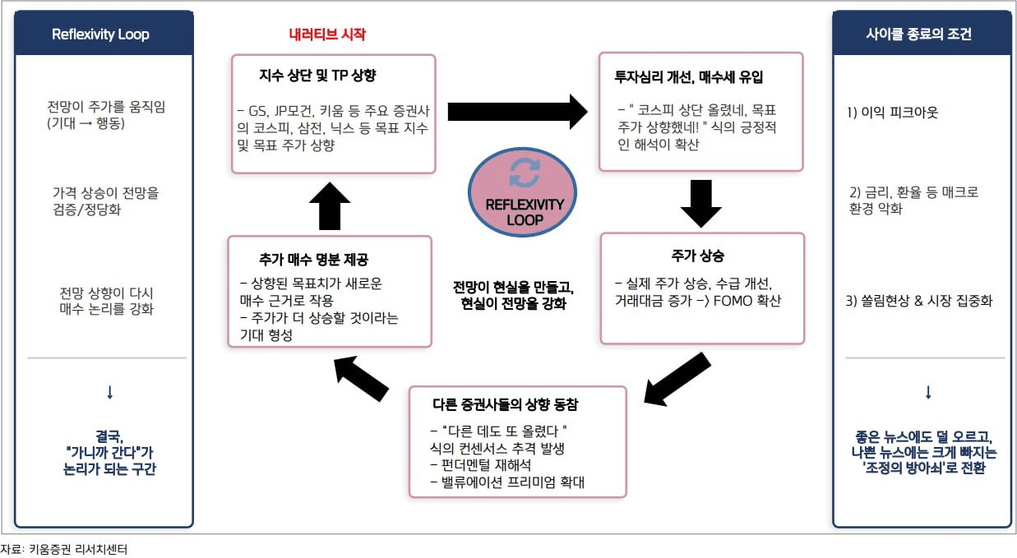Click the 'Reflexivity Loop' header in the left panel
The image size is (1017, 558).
pos(100,34)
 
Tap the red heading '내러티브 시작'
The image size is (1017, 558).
pos(327,34)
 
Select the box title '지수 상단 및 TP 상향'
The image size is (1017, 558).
pos(317,76)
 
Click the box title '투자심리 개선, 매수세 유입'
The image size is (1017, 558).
pos(689,77)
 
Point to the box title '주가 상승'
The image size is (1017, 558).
pos(698,256)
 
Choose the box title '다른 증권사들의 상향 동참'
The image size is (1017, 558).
pos(506,404)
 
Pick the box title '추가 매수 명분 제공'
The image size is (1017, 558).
pos(314,260)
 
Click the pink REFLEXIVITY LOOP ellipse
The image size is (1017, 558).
pos(523,191)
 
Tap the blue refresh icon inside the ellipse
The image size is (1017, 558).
pos(525,173)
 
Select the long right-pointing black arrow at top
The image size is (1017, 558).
pos(518,112)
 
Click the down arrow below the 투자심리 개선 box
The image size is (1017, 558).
pos(701,204)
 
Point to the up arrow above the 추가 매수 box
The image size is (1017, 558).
pos(330,206)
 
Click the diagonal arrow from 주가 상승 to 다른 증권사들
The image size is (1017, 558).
pos(677,380)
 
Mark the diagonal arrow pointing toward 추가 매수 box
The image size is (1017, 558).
pos(361,379)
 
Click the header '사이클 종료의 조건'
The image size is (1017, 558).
pos(919,34)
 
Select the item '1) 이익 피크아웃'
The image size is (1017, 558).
pos(893,112)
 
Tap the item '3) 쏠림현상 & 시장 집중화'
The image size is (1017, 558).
pos(919,300)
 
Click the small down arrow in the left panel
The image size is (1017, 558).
pos(110,393)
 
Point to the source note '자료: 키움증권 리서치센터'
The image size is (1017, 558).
pos(64,550)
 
